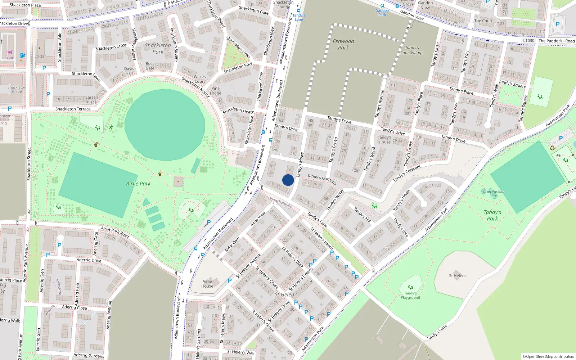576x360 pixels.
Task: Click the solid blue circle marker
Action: [x=288, y=180]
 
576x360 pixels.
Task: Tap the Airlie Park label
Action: [x=138, y=184]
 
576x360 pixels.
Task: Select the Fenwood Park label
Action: [x=343, y=44]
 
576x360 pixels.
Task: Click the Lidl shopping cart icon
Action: [x=10, y=53]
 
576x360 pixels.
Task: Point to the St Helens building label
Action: [x=458, y=276]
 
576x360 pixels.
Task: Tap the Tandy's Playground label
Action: [x=410, y=295]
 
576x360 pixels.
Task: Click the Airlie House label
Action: [x=207, y=284]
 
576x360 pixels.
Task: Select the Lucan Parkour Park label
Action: [x=493, y=194]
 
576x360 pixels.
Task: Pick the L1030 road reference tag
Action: [x=528, y=40]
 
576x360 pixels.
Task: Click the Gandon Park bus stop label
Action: [x=382, y=13]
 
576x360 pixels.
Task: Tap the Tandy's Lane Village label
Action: [x=412, y=50]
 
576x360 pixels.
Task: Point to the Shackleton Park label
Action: [x=158, y=49]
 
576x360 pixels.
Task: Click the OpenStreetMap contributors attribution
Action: [x=548, y=356]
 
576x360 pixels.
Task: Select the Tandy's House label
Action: [x=384, y=140]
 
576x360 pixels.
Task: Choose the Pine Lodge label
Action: [x=215, y=91]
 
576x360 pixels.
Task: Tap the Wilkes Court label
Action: [x=199, y=79]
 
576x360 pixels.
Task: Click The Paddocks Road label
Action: [x=556, y=41]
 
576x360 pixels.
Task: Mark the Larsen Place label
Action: [x=92, y=100]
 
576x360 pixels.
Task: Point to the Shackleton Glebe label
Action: [x=17, y=89]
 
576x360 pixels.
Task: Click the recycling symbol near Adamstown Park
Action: [x=552, y=148]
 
